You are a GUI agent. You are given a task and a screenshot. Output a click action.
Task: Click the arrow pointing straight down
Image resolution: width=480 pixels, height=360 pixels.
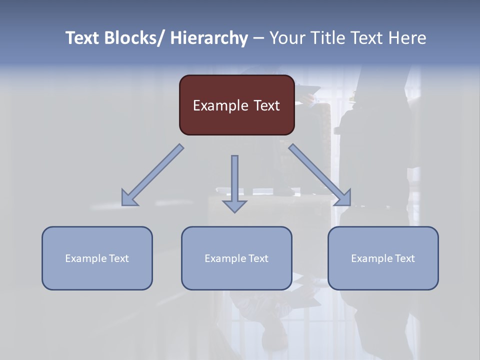coord(234,182)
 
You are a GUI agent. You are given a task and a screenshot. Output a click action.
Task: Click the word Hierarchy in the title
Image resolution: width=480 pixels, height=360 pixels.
coord(209,38)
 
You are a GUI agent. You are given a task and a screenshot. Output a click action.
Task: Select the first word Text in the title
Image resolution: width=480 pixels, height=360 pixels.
coord(83,38)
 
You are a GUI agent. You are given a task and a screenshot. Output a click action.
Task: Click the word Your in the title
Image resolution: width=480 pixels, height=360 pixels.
coord(287,38)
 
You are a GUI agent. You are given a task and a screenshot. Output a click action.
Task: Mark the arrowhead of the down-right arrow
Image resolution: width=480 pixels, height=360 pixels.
coord(344,198)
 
